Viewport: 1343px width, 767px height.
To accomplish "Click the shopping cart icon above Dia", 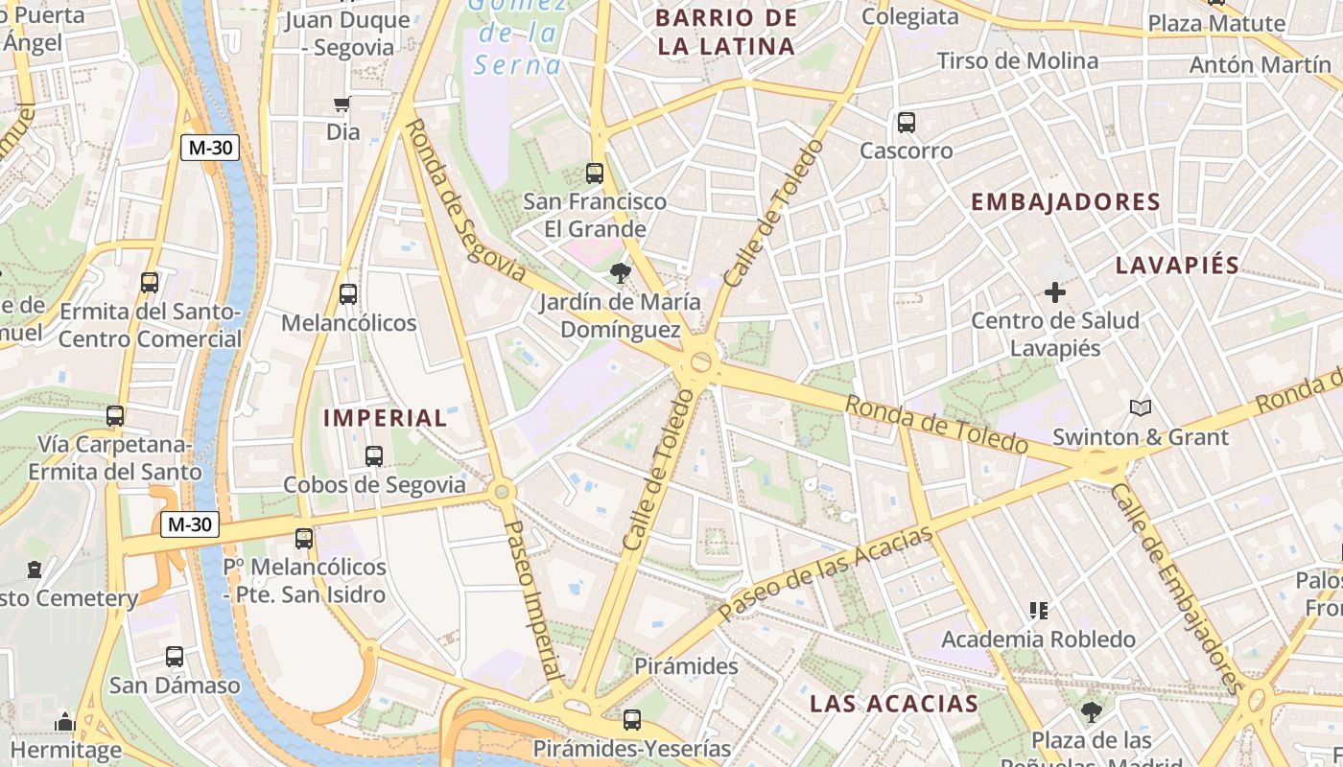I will [x=342, y=105].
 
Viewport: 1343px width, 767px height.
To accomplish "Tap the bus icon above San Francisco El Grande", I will [x=595, y=174].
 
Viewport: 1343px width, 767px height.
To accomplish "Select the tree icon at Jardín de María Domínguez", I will [x=620, y=273].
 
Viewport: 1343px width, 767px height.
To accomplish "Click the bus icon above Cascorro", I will [x=907, y=123].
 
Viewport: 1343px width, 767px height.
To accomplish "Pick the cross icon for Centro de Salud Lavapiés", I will [x=1055, y=292].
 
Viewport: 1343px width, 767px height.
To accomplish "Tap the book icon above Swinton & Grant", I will [x=1141, y=408].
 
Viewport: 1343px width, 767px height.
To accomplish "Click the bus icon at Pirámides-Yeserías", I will [x=631, y=720].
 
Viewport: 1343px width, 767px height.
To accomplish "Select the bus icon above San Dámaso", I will [x=175, y=658].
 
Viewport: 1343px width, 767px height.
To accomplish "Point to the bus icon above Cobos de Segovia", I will [x=374, y=456].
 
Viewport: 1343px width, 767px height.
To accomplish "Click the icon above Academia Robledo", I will [x=1038, y=610].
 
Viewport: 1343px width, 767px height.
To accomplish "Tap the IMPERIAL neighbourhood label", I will [x=385, y=418].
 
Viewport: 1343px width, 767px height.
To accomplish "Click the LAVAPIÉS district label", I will [x=1177, y=266].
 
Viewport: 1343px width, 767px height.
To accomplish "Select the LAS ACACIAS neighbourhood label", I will [x=894, y=704].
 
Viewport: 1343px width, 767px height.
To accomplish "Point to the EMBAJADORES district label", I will [x=1066, y=202].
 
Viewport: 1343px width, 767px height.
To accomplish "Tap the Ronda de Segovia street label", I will [x=465, y=202].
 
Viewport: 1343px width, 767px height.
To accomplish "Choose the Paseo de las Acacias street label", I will [x=825, y=573].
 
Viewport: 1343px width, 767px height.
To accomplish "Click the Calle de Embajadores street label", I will [x=1176, y=587].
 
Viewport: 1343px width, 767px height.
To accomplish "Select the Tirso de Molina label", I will [x=1017, y=61].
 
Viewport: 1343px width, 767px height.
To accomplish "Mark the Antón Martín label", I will [x=1260, y=64].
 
